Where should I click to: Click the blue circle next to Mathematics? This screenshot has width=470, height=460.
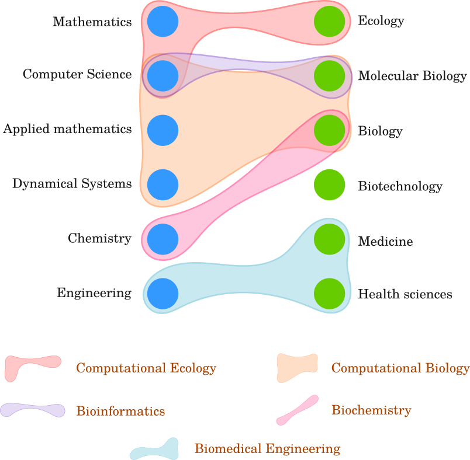(163, 21)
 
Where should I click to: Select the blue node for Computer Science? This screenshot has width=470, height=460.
(163, 75)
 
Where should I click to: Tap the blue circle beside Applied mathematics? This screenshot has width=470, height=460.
(163, 130)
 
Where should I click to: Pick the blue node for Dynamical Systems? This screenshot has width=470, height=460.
(163, 184)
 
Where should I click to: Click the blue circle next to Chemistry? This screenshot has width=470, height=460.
(163, 239)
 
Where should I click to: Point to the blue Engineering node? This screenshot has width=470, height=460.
(163, 294)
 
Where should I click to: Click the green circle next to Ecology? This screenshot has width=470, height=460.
(330, 21)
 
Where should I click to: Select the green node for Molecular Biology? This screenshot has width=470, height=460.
(330, 76)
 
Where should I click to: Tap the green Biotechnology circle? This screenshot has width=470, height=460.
(330, 185)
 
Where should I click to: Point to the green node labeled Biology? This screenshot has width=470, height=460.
(330, 130)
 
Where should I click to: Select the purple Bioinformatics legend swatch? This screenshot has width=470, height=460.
(32, 410)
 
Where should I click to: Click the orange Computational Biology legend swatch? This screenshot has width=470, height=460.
(297, 367)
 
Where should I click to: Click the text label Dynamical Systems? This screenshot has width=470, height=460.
(72, 184)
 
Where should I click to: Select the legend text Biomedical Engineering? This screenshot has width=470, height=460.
(267, 449)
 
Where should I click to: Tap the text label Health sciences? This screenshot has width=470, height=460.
(405, 294)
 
